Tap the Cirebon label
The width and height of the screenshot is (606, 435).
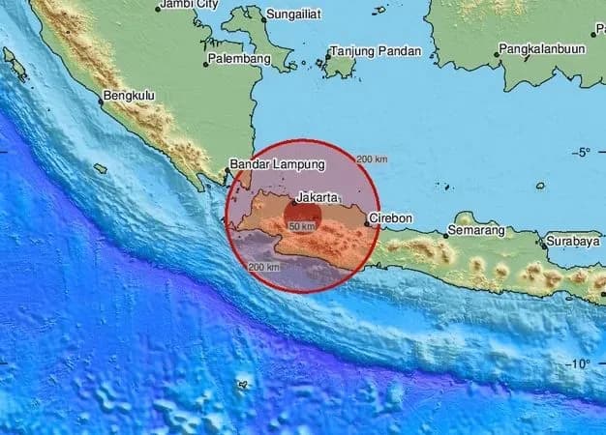click(x=393, y=218)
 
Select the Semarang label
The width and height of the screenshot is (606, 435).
click(x=475, y=232)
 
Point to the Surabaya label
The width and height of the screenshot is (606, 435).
click(x=576, y=234)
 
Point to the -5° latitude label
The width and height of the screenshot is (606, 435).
click(x=584, y=152)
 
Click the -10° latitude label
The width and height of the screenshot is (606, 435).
click(x=581, y=363)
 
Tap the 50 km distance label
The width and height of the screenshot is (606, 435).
click(x=301, y=225)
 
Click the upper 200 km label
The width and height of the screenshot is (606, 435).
click(x=374, y=159)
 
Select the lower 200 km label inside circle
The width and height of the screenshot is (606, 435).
click(x=264, y=266)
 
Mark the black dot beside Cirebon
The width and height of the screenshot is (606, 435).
click(x=368, y=224)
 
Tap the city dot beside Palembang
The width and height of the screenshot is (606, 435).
click(x=206, y=65)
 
